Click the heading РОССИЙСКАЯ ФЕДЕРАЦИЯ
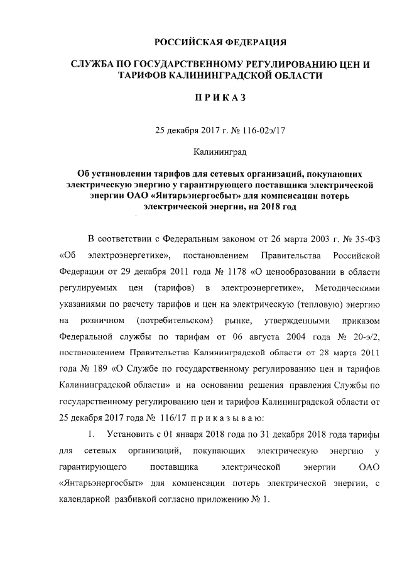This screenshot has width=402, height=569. pyautogui.click(x=221, y=43)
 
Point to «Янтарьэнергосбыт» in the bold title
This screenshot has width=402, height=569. pyautogui.click(x=190, y=196)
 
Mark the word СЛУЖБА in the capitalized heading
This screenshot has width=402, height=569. pyautogui.click(x=94, y=65)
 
